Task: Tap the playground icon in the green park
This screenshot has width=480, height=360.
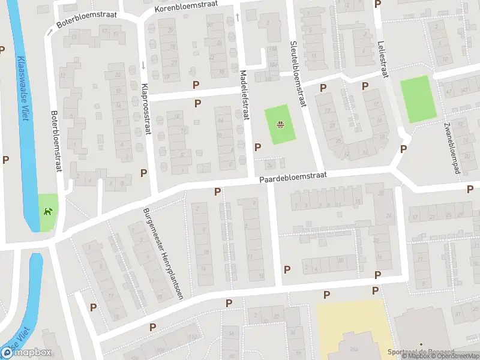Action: point(280,125)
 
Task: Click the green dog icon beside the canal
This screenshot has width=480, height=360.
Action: point(47,211)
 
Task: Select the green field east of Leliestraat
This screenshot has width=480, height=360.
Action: point(417,100)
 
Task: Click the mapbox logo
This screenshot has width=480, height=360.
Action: point(26,352)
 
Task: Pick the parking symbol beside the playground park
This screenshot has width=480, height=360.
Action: point(258,147)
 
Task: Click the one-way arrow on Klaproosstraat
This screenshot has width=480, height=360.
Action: point(143,65)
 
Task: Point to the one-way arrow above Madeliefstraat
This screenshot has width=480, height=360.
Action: point(238,17)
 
